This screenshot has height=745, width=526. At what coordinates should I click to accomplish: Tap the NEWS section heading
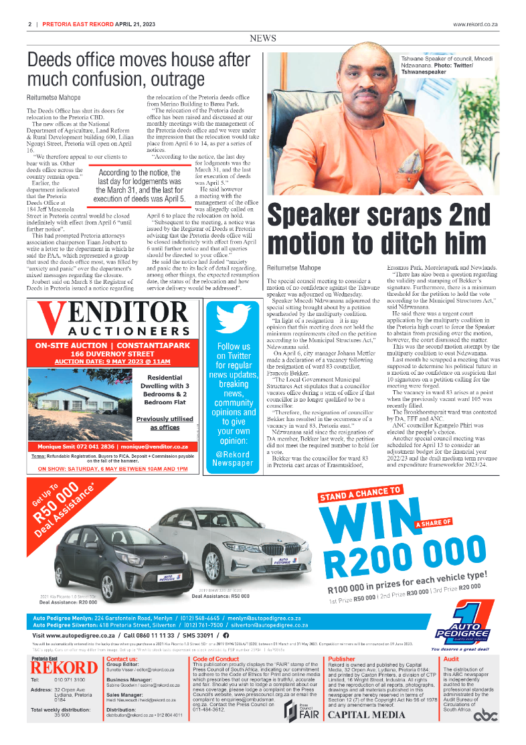[262, 39]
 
